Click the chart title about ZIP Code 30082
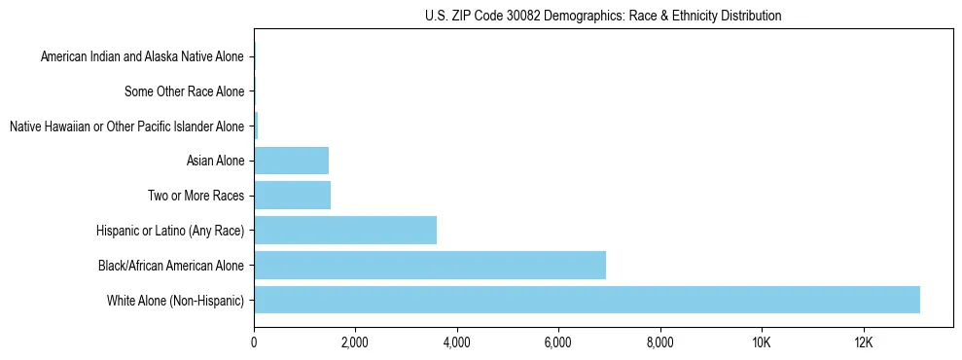(603, 16)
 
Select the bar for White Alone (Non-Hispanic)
(587, 300)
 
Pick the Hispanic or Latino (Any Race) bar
(345, 230)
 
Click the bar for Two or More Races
(292, 195)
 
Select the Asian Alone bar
(291, 161)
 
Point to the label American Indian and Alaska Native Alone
(142, 56)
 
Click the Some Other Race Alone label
(184, 91)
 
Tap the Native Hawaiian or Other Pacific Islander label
(126, 126)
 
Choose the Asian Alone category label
(215, 161)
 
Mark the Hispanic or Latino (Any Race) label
(170, 231)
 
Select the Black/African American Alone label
(171, 265)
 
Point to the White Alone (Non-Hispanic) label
(175, 300)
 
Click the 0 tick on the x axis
(254, 342)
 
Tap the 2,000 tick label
(355, 342)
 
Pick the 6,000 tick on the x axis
(558, 342)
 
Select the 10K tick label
(762, 342)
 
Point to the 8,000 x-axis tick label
(660, 342)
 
